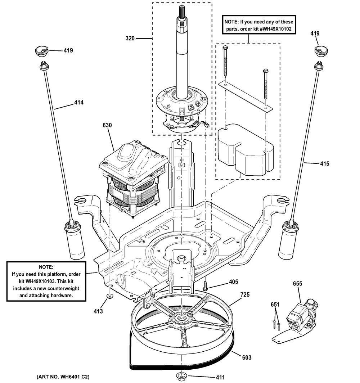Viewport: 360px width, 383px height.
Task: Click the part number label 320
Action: coord(130,38)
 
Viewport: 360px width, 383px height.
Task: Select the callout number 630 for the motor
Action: coord(107,125)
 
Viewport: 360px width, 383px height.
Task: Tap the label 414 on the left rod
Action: coord(79,103)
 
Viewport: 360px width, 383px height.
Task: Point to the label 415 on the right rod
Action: coord(324,164)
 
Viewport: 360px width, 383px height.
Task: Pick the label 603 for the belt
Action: coord(246,357)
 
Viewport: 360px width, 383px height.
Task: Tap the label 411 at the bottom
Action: coord(220,377)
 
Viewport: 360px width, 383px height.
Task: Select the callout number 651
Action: coord(275,304)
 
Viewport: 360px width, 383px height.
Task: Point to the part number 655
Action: coord(297,284)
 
